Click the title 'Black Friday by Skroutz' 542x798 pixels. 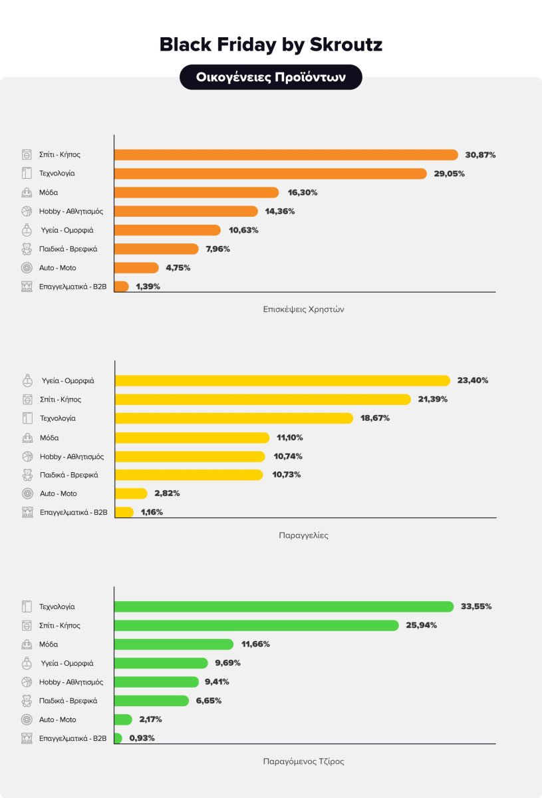tap(271, 45)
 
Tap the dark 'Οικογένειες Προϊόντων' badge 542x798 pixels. tap(271, 77)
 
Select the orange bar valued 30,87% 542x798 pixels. tap(286, 155)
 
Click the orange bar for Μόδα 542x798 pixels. tap(196, 192)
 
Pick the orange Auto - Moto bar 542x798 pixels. tap(136, 268)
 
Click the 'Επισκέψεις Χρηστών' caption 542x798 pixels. tap(303, 309)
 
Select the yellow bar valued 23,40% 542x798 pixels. tap(283, 381)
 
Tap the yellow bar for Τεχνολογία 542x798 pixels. tap(233, 418)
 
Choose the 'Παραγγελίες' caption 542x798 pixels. tap(303, 535)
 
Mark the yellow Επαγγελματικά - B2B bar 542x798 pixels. tap(124, 512)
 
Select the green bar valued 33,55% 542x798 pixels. tap(284, 606)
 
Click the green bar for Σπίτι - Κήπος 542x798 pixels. tap(256, 626)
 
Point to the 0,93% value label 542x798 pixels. tap(141, 738)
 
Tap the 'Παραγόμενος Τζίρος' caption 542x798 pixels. tap(303, 761)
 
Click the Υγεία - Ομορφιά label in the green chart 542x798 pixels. tap(67, 663)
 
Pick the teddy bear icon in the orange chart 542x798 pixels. tap(27, 249)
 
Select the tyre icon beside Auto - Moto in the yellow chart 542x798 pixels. tap(27, 493)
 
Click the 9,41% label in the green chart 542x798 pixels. tap(218, 682)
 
